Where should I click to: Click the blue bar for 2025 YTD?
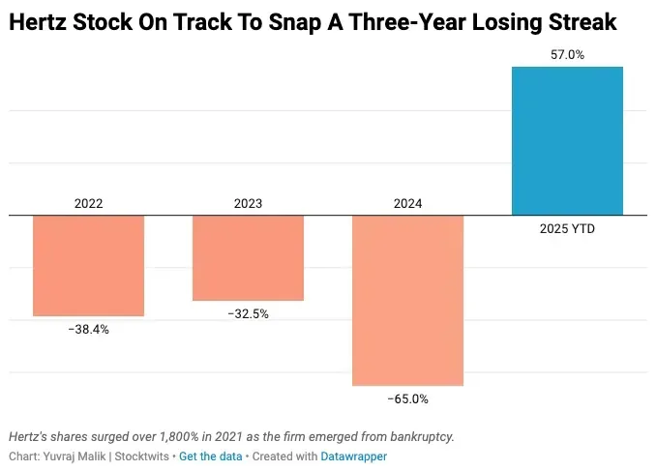[x=566, y=140]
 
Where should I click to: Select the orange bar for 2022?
[x=88, y=265]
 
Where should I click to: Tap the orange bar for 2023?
[x=248, y=257]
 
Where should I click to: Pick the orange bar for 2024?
[x=407, y=300]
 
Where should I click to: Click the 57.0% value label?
[x=566, y=55]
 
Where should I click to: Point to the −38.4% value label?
[x=88, y=329]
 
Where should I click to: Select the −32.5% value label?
[x=248, y=313]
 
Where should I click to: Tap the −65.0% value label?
[x=407, y=398]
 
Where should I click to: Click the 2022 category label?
[x=88, y=204]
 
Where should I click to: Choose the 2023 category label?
[x=248, y=204]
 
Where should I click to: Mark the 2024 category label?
[x=407, y=204]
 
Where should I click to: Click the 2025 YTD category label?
[x=566, y=229]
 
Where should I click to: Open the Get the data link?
[x=210, y=456]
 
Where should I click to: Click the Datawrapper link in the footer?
[x=353, y=456]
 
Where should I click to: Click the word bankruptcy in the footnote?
[x=417, y=437]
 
